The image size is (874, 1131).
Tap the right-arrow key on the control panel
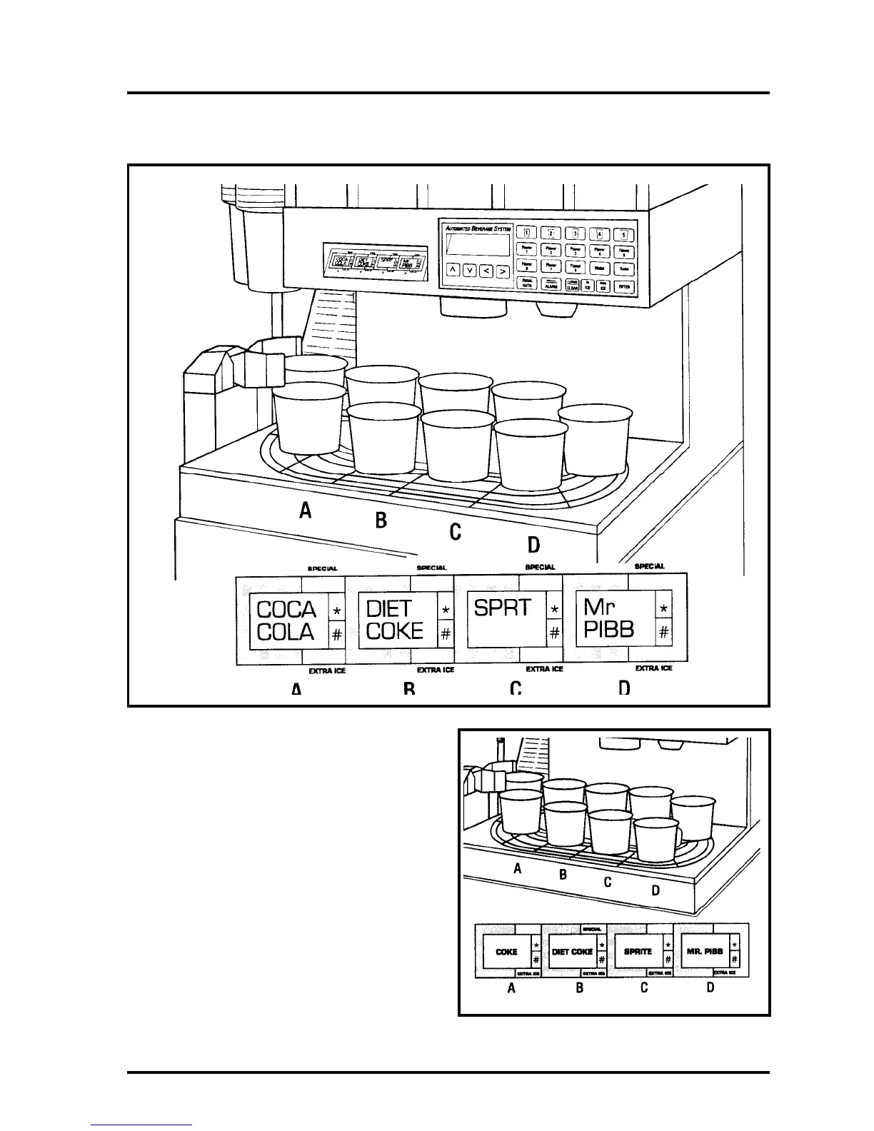[502, 271]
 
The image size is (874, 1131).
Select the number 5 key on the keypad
[623, 233]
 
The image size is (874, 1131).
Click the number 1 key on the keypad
[527, 232]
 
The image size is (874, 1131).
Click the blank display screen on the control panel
[477, 245]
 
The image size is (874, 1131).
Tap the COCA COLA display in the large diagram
[287, 620]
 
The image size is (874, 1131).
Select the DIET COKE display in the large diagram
[396, 620]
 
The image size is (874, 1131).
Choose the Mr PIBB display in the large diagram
[613, 620]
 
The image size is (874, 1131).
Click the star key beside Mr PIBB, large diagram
[664, 608]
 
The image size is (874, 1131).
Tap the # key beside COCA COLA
[337, 633]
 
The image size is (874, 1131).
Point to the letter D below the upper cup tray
[533, 546]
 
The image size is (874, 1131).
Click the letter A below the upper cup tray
[306, 511]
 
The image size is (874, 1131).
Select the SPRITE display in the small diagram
[637, 952]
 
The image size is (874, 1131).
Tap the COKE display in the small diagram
[506, 952]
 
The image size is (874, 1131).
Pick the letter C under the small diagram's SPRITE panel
[644, 988]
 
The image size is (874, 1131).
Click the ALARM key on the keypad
[551, 285]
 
